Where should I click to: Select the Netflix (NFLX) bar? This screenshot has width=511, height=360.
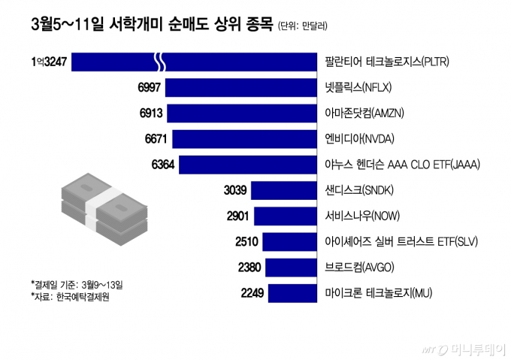240,88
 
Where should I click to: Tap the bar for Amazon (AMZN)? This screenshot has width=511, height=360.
241,113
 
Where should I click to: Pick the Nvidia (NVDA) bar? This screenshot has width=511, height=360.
244,139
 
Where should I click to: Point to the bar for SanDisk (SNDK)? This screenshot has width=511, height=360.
283,190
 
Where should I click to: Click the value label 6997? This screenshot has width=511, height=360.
150,88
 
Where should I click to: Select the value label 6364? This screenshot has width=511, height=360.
162,165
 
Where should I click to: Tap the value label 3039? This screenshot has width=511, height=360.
235,190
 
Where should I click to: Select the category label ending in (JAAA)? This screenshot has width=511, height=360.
402,165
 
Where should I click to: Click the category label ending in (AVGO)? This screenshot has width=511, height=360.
360,268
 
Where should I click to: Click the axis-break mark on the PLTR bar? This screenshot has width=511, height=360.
160,62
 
